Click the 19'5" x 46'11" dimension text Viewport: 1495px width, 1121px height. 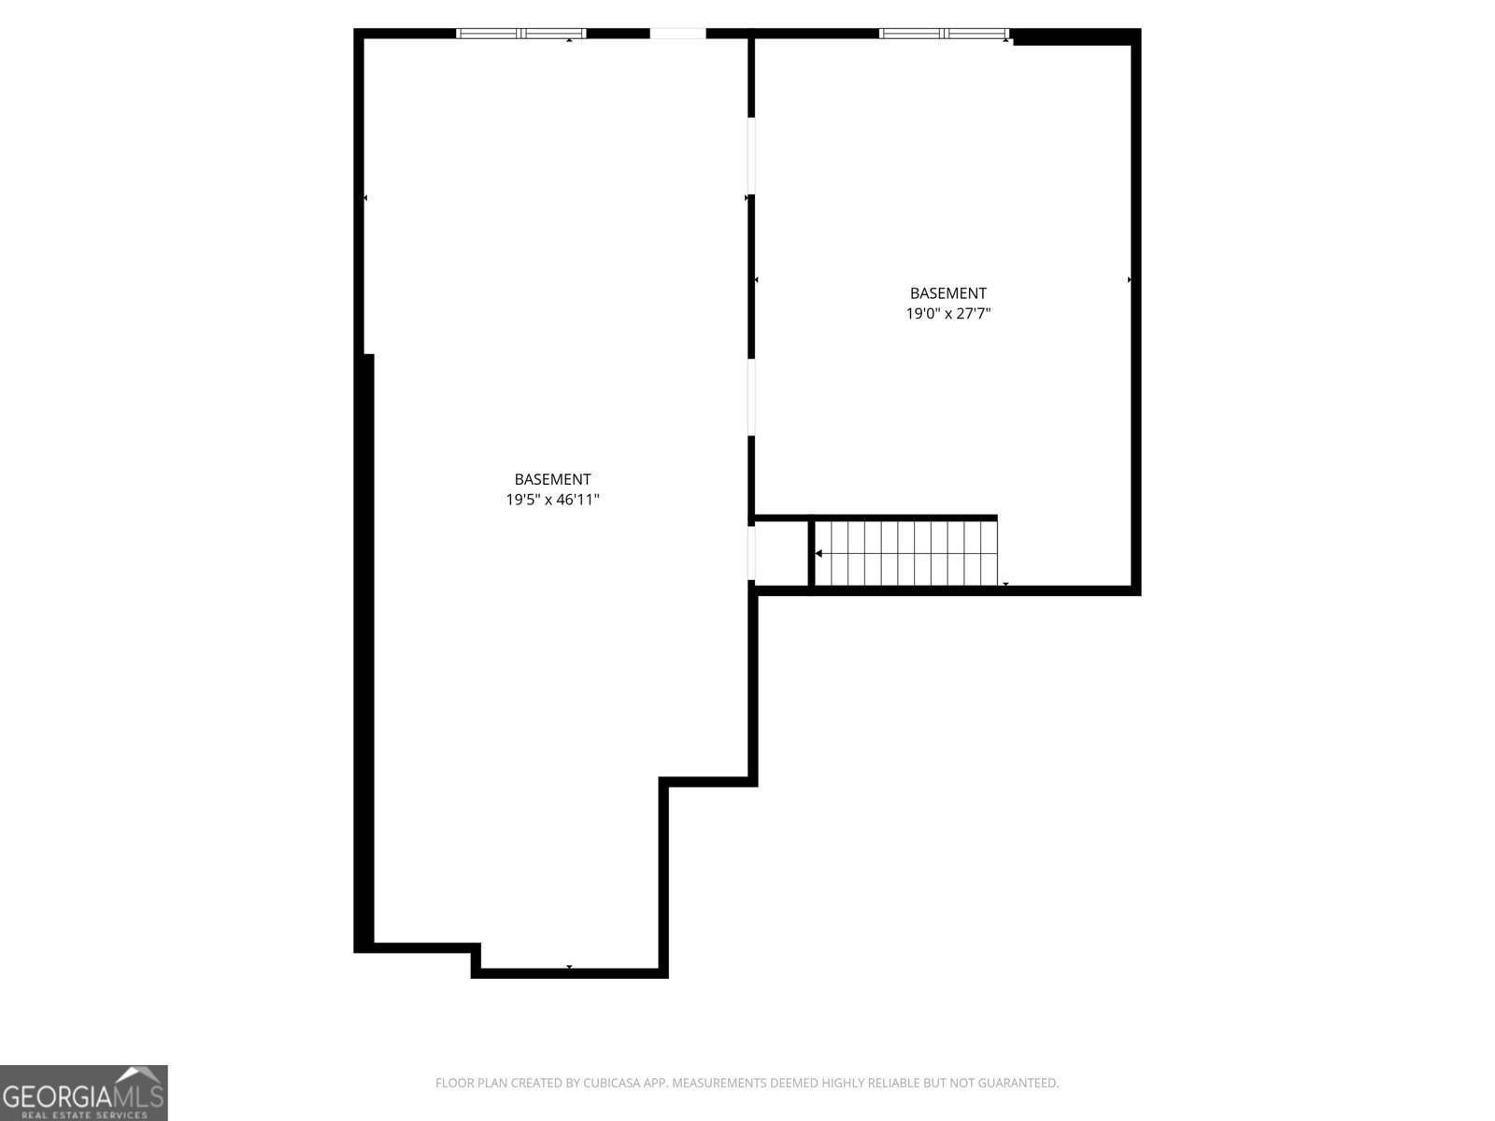pos(552,500)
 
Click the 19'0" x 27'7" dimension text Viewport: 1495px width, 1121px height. pos(947,314)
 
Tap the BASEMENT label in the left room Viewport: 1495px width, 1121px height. pos(552,479)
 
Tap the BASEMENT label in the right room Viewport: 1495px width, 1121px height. pos(947,293)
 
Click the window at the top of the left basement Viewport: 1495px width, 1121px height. pos(520,34)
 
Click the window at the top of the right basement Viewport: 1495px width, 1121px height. pos(944,34)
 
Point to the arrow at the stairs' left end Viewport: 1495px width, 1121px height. pos(819,554)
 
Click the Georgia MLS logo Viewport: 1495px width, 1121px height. pos(83,1092)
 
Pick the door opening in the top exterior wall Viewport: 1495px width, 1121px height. pos(677,34)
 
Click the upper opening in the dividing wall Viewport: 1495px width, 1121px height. pos(751,155)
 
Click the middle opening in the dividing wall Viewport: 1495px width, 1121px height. pos(751,397)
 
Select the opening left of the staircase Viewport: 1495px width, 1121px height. pos(751,553)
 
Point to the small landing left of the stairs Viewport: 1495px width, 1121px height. pos(781,553)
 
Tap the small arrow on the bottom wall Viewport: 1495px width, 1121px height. pos(569,967)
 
